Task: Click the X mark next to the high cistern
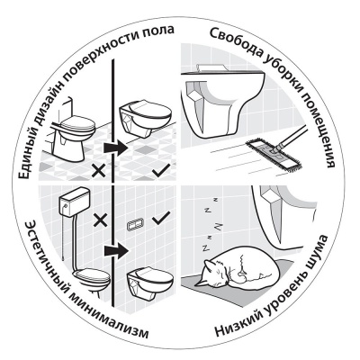coord(101,218)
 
